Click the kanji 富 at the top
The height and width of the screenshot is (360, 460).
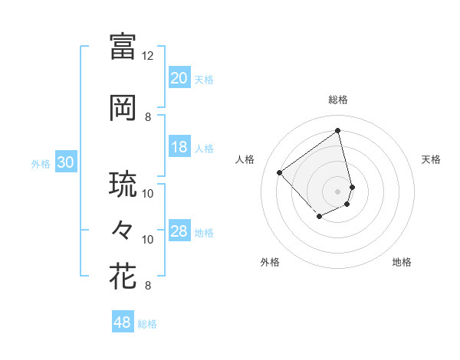[x=123, y=46]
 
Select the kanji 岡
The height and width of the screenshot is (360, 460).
[x=123, y=108]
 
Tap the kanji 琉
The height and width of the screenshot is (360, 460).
[x=123, y=185]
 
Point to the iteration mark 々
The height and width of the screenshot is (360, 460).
[x=123, y=230]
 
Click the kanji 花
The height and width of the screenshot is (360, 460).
[x=123, y=276]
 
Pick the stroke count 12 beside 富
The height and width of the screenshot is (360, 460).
[x=148, y=56]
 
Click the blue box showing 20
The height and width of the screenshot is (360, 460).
[x=179, y=78]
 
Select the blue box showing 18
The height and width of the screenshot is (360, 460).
[x=179, y=147]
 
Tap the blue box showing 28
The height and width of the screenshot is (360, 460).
[x=179, y=231]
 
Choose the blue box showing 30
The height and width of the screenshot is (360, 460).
[x=65, y=162]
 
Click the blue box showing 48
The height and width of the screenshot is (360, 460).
[x=123, y=322]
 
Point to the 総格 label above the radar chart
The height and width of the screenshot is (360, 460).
[x=337, y=100]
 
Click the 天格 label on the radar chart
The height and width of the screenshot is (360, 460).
[x=431, y=159]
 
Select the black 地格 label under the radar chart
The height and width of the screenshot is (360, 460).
[x=402, y=262]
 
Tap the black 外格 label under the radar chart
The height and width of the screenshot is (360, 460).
[x=270, y=262]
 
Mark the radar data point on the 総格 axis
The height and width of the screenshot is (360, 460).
[x=337, y=130]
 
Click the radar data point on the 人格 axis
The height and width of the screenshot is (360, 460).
[x=280, y=172]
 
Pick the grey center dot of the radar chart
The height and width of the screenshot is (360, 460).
[x=337, y=191]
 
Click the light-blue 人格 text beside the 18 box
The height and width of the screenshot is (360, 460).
[x=204, y=148]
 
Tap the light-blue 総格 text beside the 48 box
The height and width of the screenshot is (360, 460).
[x=147, y=324]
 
